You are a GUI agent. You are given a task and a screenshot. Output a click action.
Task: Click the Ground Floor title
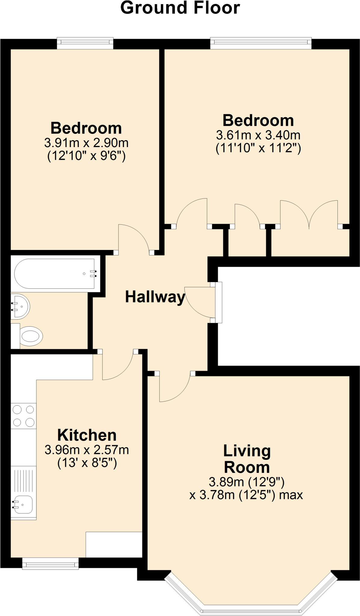180,8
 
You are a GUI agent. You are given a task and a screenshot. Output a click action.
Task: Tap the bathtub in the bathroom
56,274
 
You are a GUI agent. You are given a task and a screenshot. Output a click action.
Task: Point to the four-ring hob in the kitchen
23,416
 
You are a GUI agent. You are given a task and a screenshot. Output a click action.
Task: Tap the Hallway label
155,297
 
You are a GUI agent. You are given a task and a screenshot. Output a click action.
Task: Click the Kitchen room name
87,435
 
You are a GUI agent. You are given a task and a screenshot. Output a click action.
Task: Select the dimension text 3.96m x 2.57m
87,450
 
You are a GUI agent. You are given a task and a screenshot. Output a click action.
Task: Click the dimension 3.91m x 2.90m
86,143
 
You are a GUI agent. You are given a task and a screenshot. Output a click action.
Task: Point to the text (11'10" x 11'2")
258,148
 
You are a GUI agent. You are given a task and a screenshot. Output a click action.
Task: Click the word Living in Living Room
247,451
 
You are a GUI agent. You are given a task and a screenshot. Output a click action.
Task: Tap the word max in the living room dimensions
291,495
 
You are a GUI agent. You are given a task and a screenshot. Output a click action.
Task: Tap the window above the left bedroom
85,43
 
